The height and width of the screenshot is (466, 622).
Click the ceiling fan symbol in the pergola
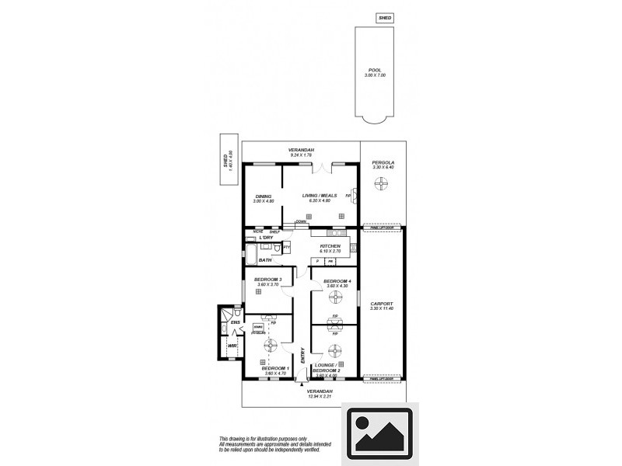pos(382,184)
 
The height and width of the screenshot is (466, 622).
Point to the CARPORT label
pos(382,304)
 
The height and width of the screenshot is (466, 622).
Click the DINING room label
pos(262,196)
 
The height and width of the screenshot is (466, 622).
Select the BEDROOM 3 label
pos(268,280)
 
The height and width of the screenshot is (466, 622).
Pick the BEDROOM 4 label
pos(337,280)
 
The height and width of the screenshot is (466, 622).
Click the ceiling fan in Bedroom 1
pos(271,345)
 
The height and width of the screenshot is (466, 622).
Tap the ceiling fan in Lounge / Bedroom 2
pos(335,349)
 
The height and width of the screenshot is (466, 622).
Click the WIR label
pos(232,346)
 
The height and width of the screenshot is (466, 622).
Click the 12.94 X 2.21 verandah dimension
pos(320,396)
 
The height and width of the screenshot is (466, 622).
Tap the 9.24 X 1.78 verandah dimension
pos(300,155)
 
